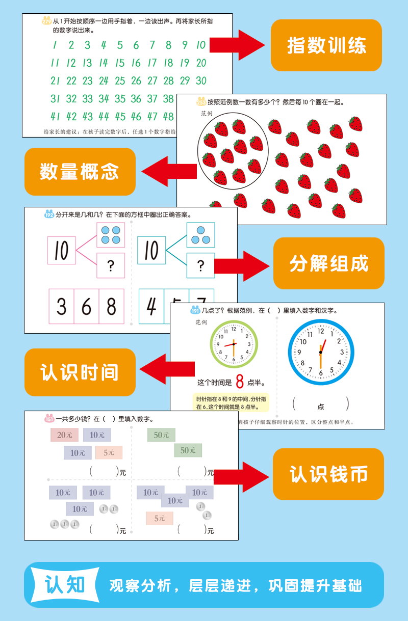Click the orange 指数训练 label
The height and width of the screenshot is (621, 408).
click(x=326, y=45)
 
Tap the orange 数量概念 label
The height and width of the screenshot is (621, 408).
click(x=80, y=172)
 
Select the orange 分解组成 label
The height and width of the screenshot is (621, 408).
click(x=328, y=263)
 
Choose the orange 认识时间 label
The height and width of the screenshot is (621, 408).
click(x=80, y=372)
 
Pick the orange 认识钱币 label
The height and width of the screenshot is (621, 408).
click(x=328, y=474)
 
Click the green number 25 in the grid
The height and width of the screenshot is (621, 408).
click(x=120, y=80)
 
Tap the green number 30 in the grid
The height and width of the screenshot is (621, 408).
click(x=201, y=80)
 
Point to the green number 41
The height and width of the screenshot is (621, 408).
click(x=55, y=116)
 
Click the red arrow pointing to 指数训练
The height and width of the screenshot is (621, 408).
click(x=237, y=45)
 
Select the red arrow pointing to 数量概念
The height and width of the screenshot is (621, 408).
click(x=169, y=171)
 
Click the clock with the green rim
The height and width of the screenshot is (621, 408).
click(x=234, y=344)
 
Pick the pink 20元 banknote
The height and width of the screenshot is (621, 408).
click(x=64, y=435)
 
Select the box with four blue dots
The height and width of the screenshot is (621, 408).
click(x=111, y=235)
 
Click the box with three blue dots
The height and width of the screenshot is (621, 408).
click(x=200, y=235)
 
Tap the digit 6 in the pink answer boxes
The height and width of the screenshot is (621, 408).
click(x=86, y=307)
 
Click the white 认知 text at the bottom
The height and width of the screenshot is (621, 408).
click(x=65, y=585)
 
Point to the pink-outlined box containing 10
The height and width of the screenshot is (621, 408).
click(x=62, y=251)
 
